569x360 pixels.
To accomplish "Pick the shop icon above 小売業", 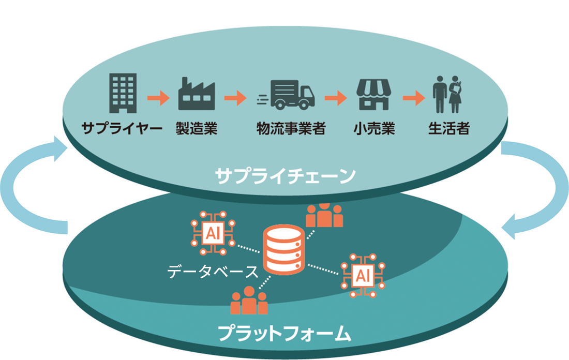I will [x=373, y=94].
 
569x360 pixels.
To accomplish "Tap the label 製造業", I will [x=196, y=129].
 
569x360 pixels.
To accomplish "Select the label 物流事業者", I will [x=291, y=129].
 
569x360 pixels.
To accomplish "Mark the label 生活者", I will [x=448, y=129].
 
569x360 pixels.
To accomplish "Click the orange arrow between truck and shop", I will [x=335, y=97].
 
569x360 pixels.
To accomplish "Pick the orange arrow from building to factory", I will [x=158, y=97].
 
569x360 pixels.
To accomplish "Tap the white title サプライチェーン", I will [x=286, y=175].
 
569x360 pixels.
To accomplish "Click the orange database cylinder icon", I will [x=283, y=251].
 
